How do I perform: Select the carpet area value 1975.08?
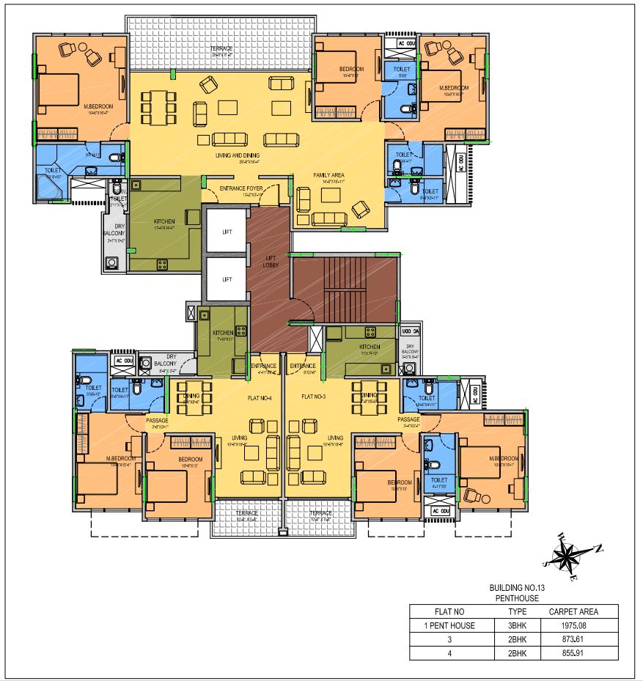[568, 625]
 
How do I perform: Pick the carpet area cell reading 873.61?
[568, 639]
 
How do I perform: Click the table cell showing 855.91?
[568, 652]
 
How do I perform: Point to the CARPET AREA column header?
[568, 611]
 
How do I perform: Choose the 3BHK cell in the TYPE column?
[518, 625]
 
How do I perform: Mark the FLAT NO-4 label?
[259, 397]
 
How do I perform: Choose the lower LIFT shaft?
[227, 279]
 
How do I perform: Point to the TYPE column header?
[518, 611]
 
